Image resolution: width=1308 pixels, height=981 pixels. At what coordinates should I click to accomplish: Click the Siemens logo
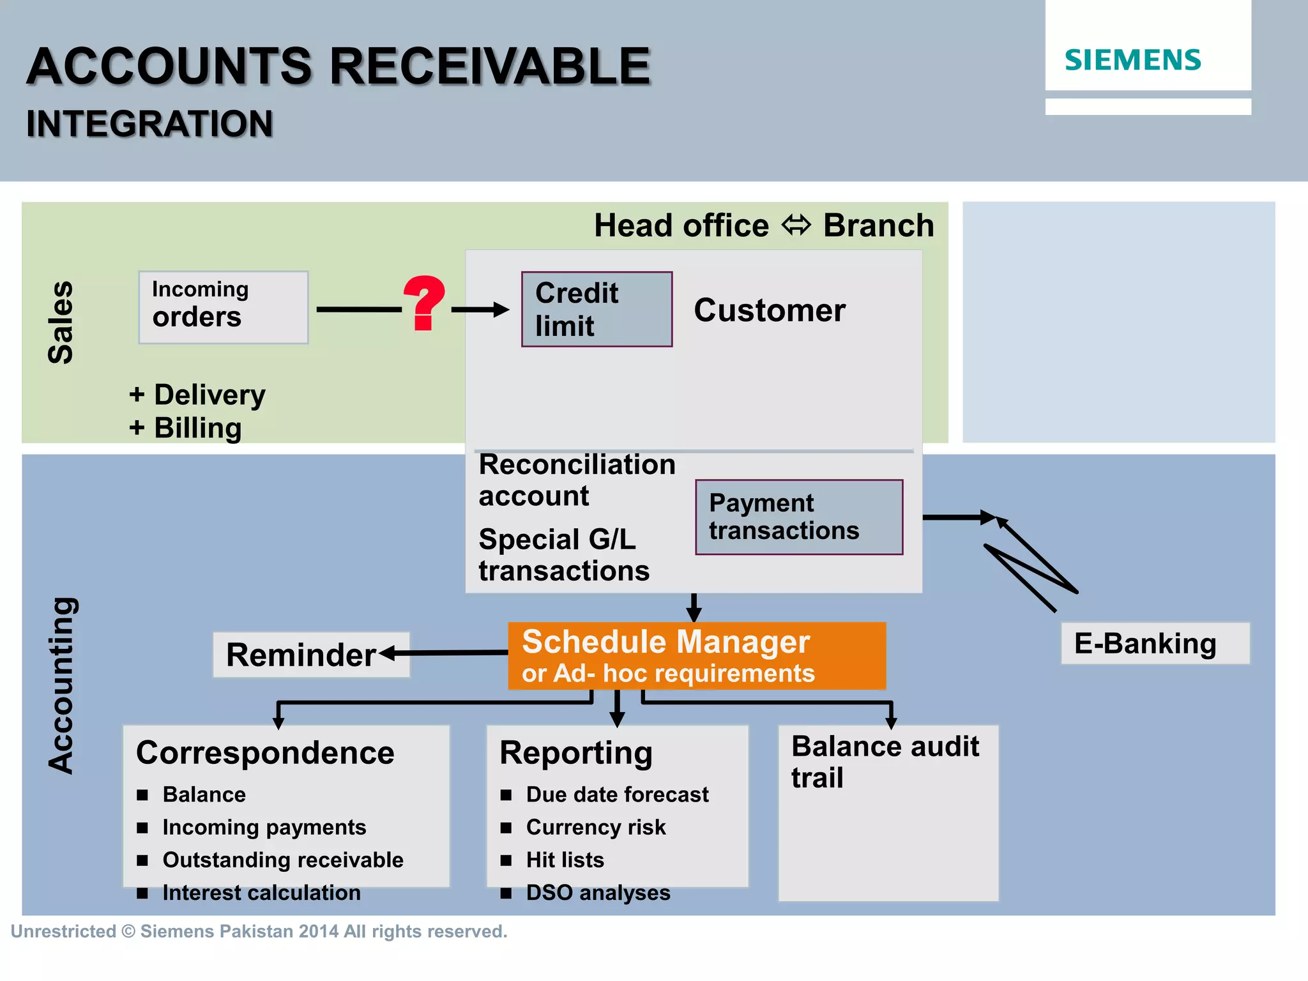click(1132, 60)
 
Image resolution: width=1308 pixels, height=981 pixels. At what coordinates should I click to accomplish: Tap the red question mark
click(424, 304)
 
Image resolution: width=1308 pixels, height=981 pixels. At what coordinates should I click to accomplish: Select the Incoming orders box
click(224, 307)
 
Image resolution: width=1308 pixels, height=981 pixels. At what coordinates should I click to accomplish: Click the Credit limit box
click(597, 309)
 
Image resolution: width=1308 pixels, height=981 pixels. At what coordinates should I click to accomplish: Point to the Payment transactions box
click(798, 517)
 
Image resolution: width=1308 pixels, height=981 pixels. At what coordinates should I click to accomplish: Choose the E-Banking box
click(1155, 643)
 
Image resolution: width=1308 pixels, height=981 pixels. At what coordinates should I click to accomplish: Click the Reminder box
click(311, 655)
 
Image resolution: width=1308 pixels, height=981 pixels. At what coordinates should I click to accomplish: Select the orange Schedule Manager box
click(696, 656)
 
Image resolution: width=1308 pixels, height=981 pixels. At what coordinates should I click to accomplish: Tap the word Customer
click(769, 310)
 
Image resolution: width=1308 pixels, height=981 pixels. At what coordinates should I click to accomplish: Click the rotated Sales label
click(61, 323)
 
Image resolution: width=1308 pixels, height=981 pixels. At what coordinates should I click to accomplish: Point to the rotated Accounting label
click(63, 685)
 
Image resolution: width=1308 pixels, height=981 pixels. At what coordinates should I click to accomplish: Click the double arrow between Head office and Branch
click(796, 225)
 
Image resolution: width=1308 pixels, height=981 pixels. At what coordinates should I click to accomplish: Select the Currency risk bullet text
click(595, 827)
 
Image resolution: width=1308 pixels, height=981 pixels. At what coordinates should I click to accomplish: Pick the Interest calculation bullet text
click(261, 892)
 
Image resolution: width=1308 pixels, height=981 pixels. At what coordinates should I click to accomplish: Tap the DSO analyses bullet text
click(598, 892)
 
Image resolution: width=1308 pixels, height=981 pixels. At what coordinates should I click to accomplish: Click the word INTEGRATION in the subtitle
click(149, 124)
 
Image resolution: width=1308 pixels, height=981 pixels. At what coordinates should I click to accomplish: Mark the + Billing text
click(185, 428)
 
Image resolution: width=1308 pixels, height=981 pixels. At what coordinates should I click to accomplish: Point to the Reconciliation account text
click(576, 480)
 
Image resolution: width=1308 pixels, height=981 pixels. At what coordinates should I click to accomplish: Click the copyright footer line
click(259, 931)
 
